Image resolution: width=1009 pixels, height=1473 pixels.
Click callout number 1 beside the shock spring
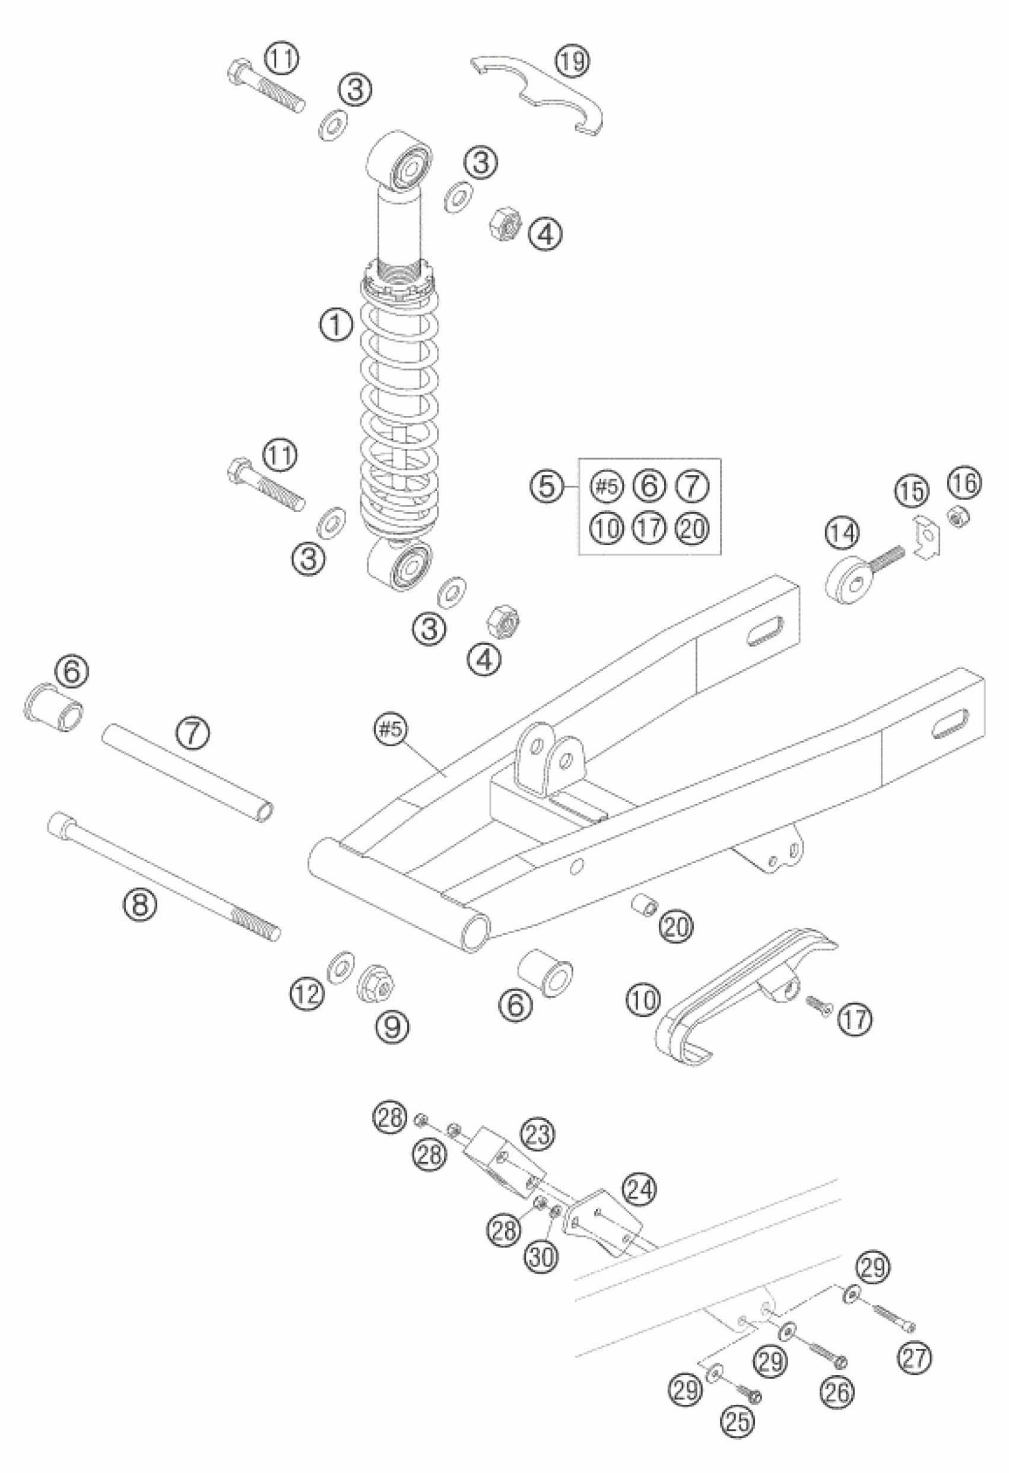click(336, 325)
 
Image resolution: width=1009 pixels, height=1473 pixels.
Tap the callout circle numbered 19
click(573, 62)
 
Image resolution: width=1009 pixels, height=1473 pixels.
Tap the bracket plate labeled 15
click(927, 536)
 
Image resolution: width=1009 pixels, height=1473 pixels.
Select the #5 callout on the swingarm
click(391, 730)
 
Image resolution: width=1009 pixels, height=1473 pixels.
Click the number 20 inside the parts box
click(693, 528)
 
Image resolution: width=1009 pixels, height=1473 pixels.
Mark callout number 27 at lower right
click(914, 1360)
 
